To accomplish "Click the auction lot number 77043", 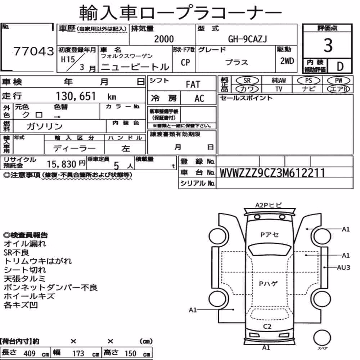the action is point(34,51).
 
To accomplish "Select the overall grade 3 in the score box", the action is point(328,45).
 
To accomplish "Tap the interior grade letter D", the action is point(340,66).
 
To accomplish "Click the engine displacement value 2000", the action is point(164,39).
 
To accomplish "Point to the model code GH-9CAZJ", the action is point(248,39).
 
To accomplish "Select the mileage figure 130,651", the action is point(76,96).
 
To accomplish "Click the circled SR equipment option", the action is point(247,81).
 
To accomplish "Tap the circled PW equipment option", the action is point(338,81).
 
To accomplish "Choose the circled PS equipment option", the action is point(309,81).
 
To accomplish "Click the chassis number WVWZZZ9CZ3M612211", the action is point(272,173).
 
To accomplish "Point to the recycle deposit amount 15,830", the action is point(62,164).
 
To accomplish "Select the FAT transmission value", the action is point(193,85).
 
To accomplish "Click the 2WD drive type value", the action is point(287,61).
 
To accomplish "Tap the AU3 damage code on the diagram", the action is point(343,267).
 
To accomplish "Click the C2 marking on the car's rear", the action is point(267,326).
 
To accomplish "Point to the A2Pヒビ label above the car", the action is point(269,205).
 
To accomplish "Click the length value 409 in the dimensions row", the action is point(30,354).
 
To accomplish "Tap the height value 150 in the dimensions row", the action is point(130,354).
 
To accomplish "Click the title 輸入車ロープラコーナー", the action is point(180,13).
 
